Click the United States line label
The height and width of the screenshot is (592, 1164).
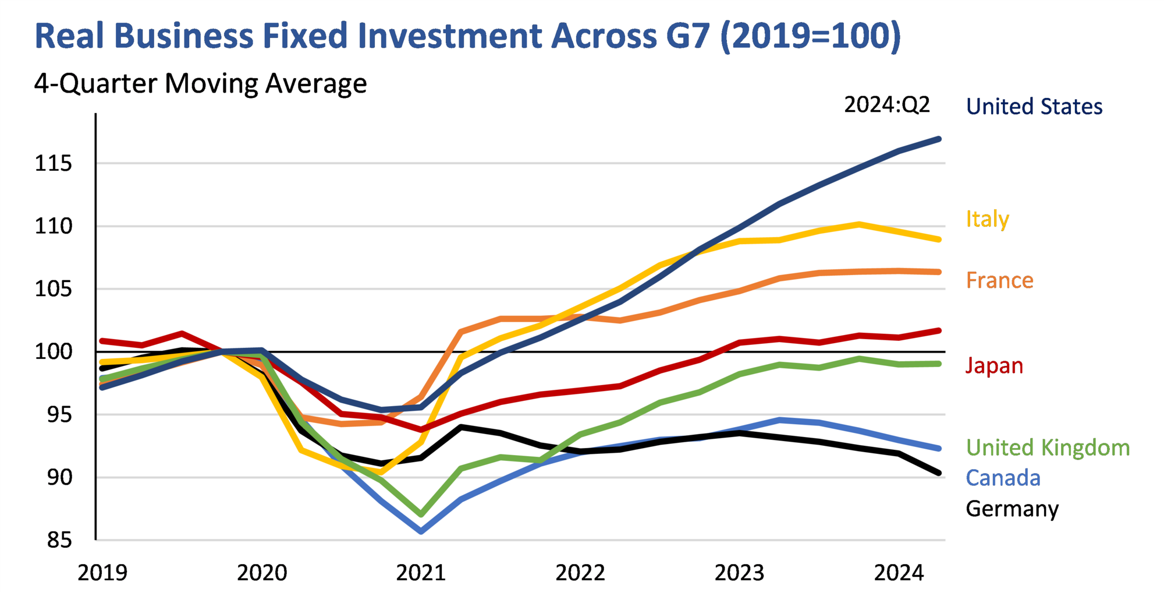pyautogui.click(x=1034, y=107)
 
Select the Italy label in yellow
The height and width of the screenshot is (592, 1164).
pyautogui.click(x=987, y=219)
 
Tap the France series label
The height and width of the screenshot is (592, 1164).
pyautogui.click(x=999, y=280)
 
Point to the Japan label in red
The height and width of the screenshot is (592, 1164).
pyautogui.click(x=994, y=366)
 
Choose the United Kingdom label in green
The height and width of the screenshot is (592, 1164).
pyautogui.click(x=1048, y=447)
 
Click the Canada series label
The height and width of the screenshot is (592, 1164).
pyautogui.click(x=1003, y=478)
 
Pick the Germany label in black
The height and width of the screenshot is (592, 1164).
pyautogui.click(x=1012, y=509)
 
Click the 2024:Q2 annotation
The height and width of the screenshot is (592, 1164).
pyautogui.click(x=886, y=105)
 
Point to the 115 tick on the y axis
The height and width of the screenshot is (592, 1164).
pyautogui.click(x=54, y=163)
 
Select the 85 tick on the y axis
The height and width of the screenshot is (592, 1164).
pyautogui.click(x=59, y=540)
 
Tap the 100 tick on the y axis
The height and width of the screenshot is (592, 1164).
pyautogui.click(x=54, y=352)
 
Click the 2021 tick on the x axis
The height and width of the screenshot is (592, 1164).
pyautogui.click(x=421, y=573)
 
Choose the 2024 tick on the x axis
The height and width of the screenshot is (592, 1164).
pyautogui.click(x=899, y=573)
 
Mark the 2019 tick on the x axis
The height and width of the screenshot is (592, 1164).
pyautogui.click(x=102, y=573)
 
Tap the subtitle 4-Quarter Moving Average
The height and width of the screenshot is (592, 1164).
pyautogui.click(x=200, y=83)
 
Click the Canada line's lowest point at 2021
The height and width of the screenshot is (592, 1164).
pyautogui.click(x=421, y=531)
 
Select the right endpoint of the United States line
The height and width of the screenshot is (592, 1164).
pyautogui.click(x=938, y=139)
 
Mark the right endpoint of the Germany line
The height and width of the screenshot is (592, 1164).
pyautogui.click(x=938, y=473)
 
